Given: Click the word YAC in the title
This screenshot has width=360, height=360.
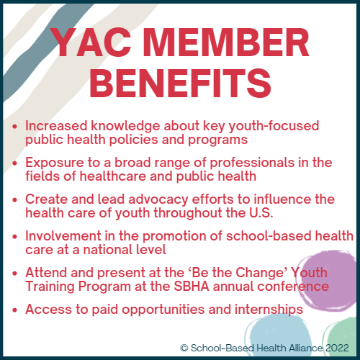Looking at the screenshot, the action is [91, 42].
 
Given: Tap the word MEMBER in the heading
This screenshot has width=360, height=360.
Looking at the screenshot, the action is [226, 42].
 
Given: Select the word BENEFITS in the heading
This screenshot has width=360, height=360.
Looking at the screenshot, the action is [180, 83].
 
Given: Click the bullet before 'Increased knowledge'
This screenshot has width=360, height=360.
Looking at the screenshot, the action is [15, 127].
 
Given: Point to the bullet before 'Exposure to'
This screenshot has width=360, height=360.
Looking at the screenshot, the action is [15, 163].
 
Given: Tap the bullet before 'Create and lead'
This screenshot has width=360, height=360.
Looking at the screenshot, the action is [15, 200].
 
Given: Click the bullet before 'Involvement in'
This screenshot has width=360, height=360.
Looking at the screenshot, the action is [15, 237].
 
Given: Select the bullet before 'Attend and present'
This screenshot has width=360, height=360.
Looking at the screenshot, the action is [15, 274].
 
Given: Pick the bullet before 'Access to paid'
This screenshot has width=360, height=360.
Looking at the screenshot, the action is [15, 310].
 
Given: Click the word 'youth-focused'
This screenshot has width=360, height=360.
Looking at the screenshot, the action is [274, 126].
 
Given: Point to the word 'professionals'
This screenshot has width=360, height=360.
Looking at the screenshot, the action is [252, 163].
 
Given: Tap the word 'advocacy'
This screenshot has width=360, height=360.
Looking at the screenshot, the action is [158, 200].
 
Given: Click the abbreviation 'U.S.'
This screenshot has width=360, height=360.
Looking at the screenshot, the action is [261, 213].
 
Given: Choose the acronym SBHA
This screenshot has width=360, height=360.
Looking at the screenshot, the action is [192, 287].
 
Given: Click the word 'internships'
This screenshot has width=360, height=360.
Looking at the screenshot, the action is [269, 310].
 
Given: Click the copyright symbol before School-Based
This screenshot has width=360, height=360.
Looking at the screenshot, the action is [184, 348].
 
